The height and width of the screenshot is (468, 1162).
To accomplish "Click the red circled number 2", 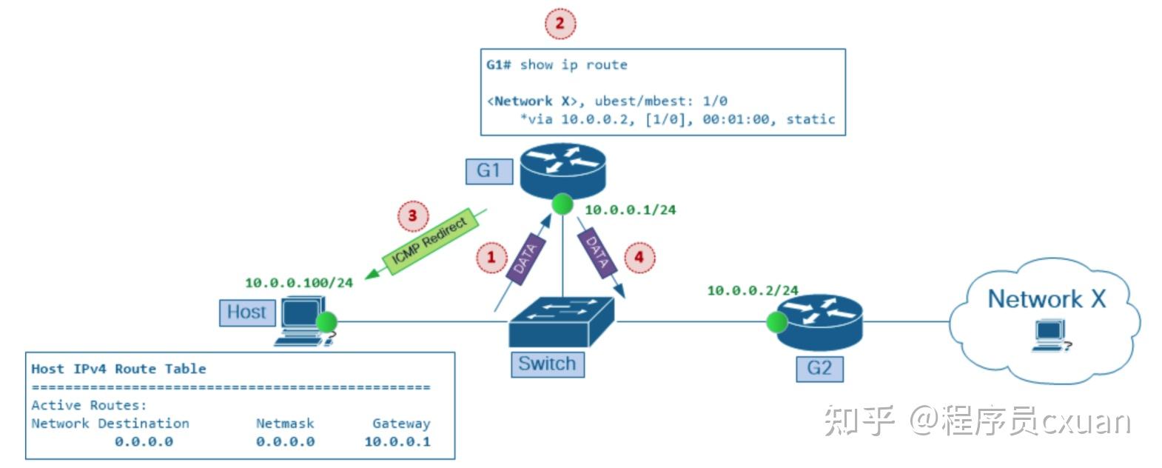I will (560, 24).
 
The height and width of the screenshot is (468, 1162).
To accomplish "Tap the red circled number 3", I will (412, 217).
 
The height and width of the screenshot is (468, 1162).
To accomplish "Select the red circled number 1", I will (490, 258).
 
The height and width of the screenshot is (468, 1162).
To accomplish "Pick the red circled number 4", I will (639, 258).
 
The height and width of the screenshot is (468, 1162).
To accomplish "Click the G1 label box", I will (488, 171).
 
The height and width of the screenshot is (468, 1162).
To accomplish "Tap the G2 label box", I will (819, 368).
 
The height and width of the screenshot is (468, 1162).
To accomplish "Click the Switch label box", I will (547, 364).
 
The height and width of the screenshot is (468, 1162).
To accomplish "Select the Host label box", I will (246, 312).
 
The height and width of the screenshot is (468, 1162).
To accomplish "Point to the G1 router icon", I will (562, 170).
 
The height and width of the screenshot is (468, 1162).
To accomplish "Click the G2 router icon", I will (820, 321).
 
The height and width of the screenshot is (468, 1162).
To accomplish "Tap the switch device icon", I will (562, 322).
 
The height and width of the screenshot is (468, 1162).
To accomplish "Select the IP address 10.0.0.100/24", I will (299, 283).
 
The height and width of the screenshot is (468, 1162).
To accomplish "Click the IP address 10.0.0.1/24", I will (630, 210).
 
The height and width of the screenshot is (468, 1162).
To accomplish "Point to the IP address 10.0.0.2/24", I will (752, 290).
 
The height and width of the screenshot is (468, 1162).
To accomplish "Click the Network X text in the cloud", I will (1047, 299).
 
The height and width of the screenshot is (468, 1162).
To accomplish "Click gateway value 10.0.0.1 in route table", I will (397, 442).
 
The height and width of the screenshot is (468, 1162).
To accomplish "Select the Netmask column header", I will (285, 424).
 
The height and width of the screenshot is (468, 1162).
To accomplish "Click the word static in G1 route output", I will (810, 119).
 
